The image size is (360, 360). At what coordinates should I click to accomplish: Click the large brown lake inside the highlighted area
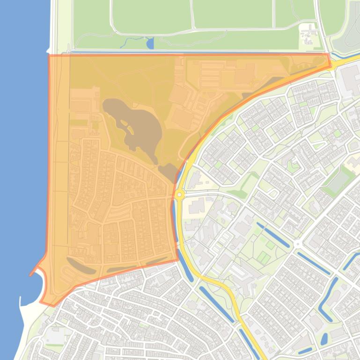point(133,124)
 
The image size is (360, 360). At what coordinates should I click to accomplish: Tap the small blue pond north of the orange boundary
point(150,44)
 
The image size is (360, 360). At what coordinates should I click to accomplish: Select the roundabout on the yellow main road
point(179,194)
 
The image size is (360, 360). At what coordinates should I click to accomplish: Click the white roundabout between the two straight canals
point(297,244)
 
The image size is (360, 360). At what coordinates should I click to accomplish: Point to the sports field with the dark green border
point(338,181)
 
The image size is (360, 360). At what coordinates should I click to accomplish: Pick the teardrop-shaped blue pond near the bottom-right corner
point(324,338)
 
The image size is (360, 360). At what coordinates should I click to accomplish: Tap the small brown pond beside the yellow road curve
point(168,172)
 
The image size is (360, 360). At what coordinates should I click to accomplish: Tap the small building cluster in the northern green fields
point(309,35)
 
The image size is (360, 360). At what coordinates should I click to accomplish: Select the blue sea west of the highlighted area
point(21,140)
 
